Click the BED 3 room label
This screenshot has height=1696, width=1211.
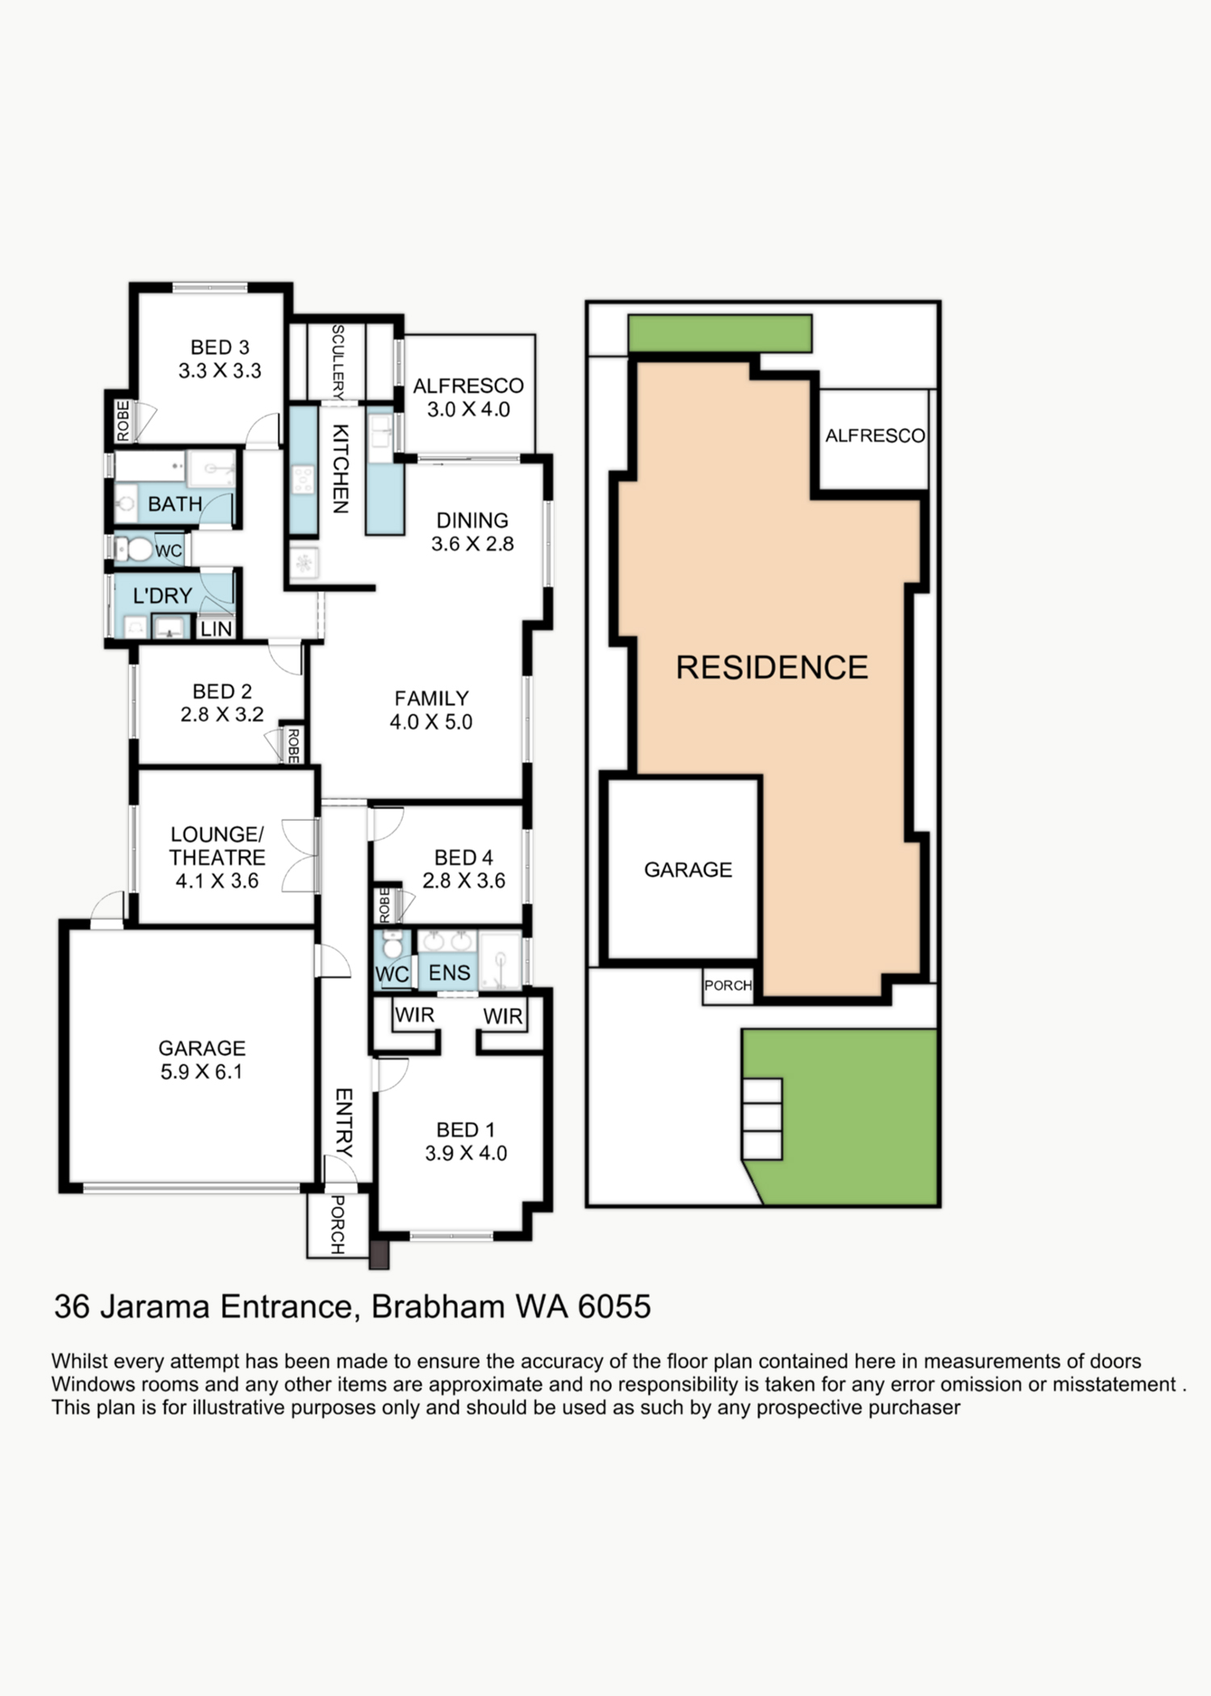click(220, 347)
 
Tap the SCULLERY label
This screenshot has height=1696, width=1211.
click(338, 362)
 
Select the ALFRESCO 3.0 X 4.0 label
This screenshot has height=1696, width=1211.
click(468, 397)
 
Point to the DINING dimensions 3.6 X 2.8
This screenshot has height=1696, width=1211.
click(472, 544)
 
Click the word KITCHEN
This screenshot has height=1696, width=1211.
click(341, 468)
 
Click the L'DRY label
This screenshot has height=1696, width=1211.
click(162, 596)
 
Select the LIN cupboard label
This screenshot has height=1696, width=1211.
click(216, 628)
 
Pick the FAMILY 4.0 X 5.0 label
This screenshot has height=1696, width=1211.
click(431, 710)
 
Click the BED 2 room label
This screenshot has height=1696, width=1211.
click(222, 691)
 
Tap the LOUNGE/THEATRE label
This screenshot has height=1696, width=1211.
click(217, 846)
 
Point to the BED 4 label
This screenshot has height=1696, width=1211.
click(463, 857)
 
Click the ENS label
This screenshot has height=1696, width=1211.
click(449, 972)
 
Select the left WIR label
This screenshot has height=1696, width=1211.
click(414, 1014)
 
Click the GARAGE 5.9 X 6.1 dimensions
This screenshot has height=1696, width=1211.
click(201, 1072)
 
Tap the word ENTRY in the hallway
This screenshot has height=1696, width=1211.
click(344, 1123)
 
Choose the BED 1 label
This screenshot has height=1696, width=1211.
click(465, 1130)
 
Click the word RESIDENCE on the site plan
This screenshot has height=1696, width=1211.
click(772, 667)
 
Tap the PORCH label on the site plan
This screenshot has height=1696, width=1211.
click(728, 985)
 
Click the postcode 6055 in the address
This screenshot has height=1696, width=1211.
click(614, 1307)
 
